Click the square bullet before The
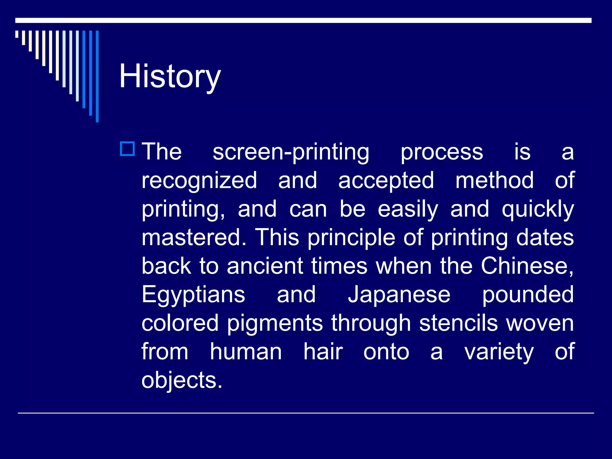pos(128,149)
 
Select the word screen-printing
pos(291,152)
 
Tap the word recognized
pos(199,180)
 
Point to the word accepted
pos(386,180)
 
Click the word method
pos(495,180)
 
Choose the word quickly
pos(538,209)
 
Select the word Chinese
pos(527,266)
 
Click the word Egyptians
pos(193,295)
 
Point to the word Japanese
pos(399,295)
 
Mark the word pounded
pos(528,295)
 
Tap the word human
pos(246,352)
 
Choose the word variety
pos(499,352)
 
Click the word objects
pos(182,380)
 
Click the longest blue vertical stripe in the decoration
pos(97,76)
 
